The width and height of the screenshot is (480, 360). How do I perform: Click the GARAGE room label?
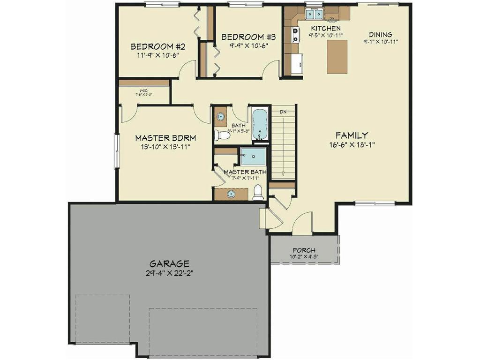(x=169, y=263)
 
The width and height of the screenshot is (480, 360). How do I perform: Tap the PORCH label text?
(x=304, y=250)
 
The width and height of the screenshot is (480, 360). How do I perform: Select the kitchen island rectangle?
(x=337, y=56)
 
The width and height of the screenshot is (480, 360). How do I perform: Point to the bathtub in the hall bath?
(x=260, y=124)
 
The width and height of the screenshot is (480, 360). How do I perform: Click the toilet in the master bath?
(x=257, y=193)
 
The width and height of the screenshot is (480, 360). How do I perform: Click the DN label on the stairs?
(x=283, y=112)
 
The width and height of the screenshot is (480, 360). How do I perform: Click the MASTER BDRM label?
(x=165, y=138)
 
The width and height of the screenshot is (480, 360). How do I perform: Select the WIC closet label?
(x=143, y=90)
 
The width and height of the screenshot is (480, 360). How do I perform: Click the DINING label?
(x=380, y=35)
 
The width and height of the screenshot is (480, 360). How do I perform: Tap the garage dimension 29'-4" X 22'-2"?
(x=169, y=273)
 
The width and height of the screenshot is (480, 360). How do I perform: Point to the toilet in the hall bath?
(x=222, y=136)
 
